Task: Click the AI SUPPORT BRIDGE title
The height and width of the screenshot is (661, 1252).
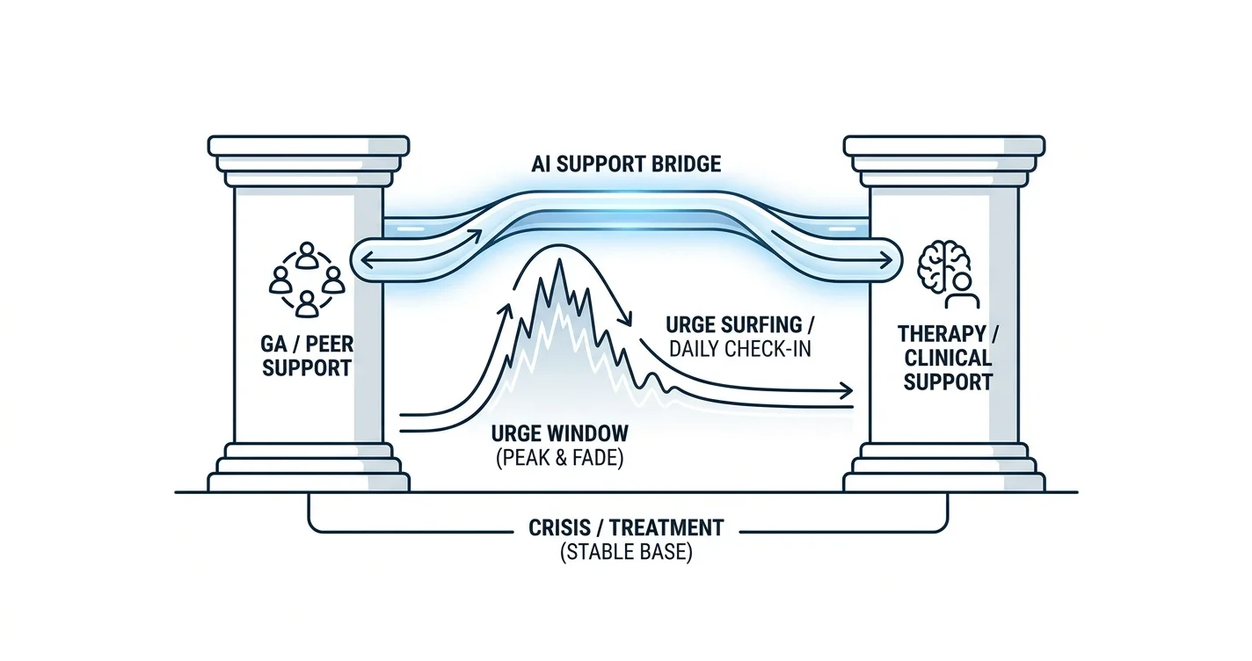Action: [626, 164]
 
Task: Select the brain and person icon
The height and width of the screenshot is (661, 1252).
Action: [948, 274]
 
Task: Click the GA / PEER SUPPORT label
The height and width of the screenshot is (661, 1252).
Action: [307, 356]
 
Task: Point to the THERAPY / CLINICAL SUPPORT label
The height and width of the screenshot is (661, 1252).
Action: [948, 358]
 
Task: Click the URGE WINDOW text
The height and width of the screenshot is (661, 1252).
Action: [559, 433]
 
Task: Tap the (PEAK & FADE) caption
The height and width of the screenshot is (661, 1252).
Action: [559, 458]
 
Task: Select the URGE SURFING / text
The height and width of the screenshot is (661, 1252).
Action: [740, 324]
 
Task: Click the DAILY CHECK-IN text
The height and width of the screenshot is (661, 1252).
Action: [740, 349]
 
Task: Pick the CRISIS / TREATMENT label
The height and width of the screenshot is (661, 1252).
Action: [626, 527]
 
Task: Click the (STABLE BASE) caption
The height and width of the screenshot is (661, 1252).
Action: [626, 552]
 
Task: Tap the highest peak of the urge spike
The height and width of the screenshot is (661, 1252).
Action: [558, 261]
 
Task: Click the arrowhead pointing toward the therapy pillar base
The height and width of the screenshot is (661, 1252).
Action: [846, 390]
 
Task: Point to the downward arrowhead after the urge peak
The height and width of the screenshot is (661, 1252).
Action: [626, 320]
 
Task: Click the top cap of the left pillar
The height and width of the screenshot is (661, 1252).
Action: [309, 146]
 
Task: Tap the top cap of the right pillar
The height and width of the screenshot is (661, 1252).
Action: [944, 146]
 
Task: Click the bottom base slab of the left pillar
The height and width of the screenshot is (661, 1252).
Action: [309, 483]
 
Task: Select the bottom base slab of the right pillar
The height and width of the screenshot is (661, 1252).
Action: [944, 483]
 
